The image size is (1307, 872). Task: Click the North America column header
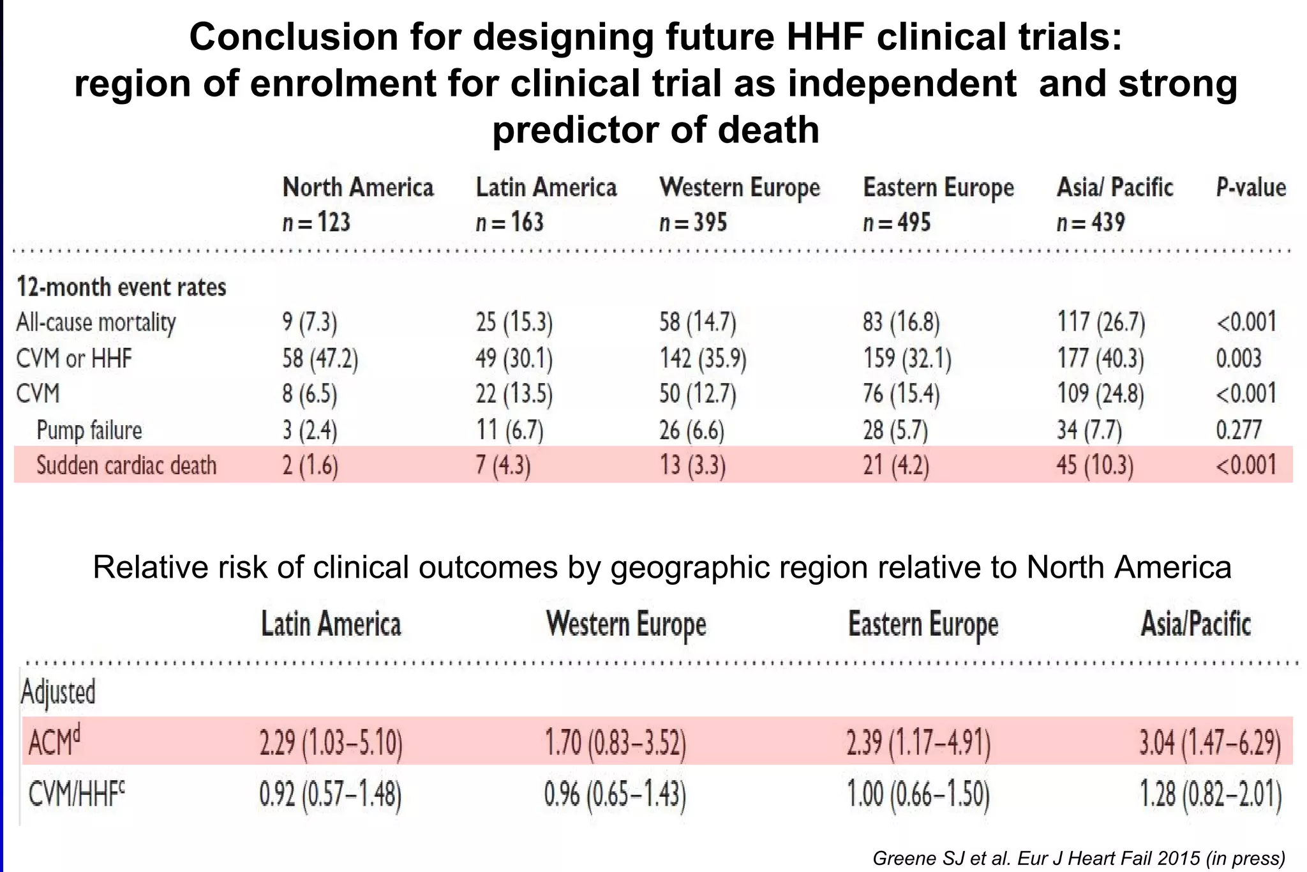(x=357, y=188)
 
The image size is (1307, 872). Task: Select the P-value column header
(x=1250, y=188)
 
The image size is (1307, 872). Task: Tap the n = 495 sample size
(x=897, y=222)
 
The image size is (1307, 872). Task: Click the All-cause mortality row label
(x=96, y=322)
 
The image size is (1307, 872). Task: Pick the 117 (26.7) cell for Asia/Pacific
(x=1101, y=322)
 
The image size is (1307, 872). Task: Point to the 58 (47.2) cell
(x=320, y=358)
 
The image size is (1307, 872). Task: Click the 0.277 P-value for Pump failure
(x=1238, y=430)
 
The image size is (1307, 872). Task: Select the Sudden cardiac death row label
(x=126, y=465)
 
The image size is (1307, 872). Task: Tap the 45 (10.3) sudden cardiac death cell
(x=1094, y=465)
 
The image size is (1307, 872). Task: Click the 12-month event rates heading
(x=121, y=287)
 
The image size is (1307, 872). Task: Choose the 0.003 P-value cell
(x=1238, y=358)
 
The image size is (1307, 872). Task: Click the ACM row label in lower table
(x=54, y=742)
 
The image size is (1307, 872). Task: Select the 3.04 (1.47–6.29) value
(x=1210, y=742)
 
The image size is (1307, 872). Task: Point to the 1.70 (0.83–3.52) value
(x=615, y=742)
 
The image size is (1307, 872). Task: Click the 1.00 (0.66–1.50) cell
(x=918, y=795)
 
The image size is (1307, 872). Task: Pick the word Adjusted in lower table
(x=58, y=692)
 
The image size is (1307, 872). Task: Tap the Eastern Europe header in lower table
(x=923, y=624)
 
